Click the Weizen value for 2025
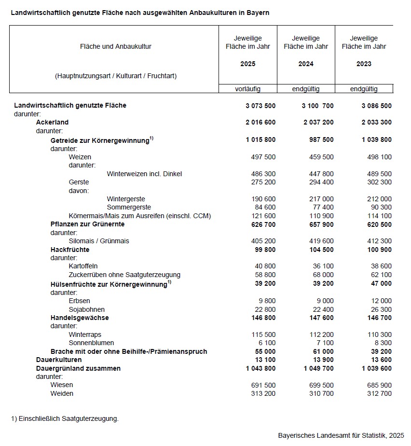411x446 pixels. click(x=263, y=157)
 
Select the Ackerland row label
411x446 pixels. click(x=52, y=123)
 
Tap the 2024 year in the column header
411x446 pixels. click(x=306, y=64)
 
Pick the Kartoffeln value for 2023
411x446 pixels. click(x=380, y=266)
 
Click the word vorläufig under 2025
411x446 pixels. click(x=248, y=89)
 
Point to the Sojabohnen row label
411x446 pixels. click(x=87, y=309)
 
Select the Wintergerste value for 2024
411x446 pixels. click(x=321, y=199)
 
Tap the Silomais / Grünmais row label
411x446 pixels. click(x=99, y=241)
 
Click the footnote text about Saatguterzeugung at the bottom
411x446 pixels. click(x=65, y=418)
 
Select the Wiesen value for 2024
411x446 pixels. click(x=321, y=385)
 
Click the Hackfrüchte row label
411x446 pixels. click(x=70, y=250)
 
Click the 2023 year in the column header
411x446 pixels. click(x=364, y=64)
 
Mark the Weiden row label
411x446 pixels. click(x=62, y=393)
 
